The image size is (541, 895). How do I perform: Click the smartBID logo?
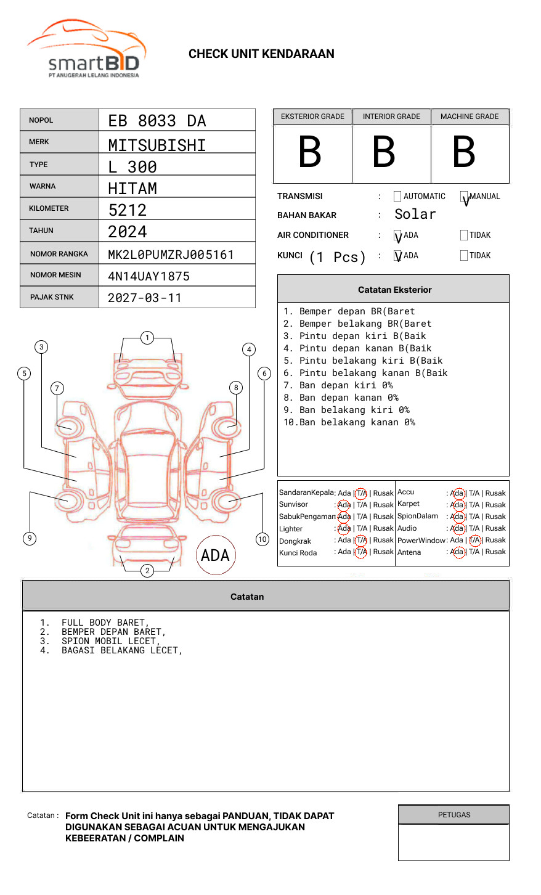pos(87,49)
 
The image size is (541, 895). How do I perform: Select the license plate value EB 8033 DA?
pos(157,121)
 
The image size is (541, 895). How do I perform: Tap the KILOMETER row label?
pos(49,208)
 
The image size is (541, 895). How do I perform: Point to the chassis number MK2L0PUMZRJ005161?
pos(171,255)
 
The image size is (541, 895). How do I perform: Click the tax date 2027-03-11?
pos(144,298)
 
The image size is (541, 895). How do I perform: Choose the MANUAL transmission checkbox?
pos(464,196)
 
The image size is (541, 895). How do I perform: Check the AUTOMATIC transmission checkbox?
pos(397,196)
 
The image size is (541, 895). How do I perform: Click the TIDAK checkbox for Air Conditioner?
pos(464,235)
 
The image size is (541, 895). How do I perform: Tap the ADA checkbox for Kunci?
pos(397,255)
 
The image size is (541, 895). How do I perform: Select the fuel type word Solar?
pos(415,214)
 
